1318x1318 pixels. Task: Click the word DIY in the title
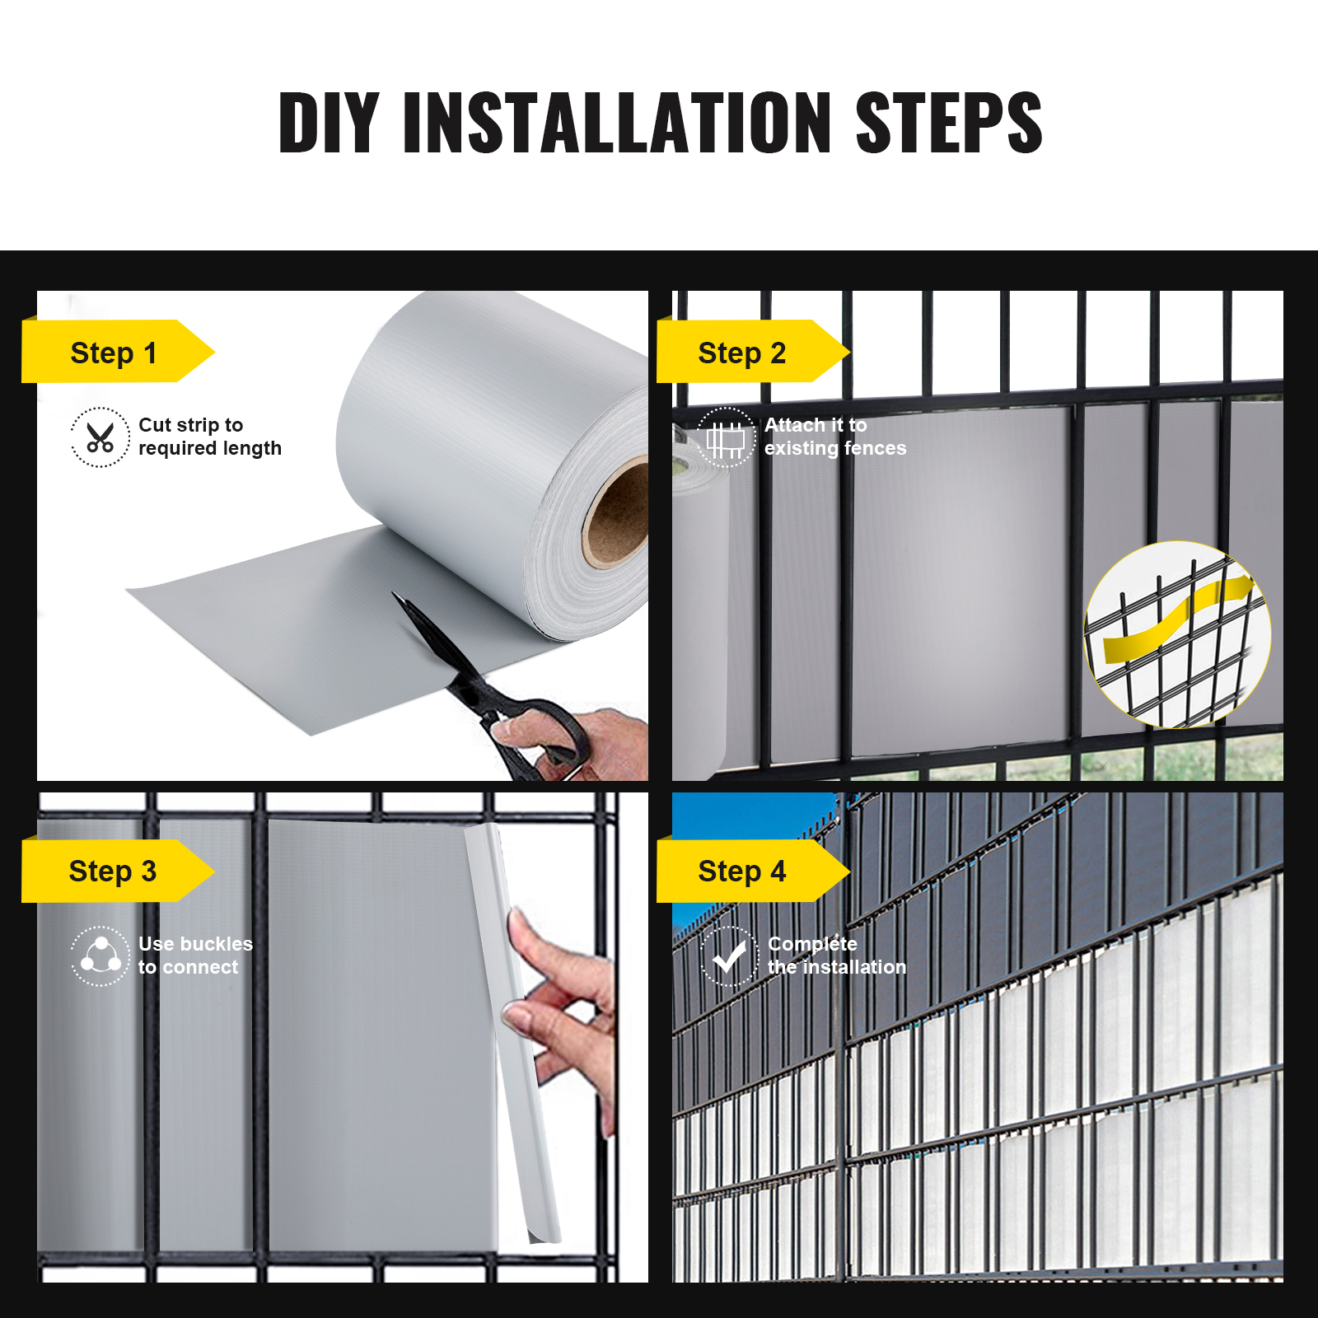coord(328,124)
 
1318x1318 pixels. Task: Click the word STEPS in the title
coord(949,124)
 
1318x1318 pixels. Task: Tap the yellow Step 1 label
coord(114,353)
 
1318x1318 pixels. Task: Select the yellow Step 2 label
coord(741,353)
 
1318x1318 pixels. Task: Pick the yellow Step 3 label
coord(112,871)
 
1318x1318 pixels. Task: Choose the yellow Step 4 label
coord(741,871)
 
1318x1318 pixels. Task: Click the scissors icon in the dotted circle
coord(100,437)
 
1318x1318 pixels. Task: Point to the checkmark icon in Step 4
coord(729,956)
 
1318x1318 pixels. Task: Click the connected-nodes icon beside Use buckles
coord(100,956)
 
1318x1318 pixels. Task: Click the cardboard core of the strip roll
coord(618,515)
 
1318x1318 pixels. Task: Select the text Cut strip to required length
coord(209,437)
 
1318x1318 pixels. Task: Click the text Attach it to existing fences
coord(834,437)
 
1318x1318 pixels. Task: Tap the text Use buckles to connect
coord(194,956)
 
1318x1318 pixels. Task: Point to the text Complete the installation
coord(835,956)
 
